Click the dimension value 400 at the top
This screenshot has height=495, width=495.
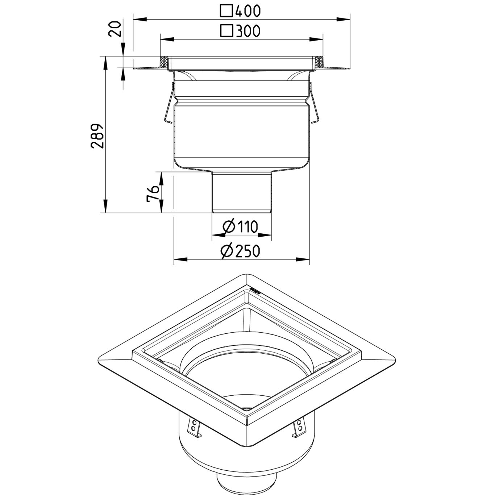(248, 11)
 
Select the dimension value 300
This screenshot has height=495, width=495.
(248, 31)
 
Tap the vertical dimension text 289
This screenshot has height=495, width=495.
(97, 136)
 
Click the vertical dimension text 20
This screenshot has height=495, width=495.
(115, 29)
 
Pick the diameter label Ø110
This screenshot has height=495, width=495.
(240, 227)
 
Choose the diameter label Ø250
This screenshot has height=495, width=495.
(240, 251)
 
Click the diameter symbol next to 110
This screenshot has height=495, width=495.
(229, 227)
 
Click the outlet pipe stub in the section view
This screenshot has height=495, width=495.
(241, 192)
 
